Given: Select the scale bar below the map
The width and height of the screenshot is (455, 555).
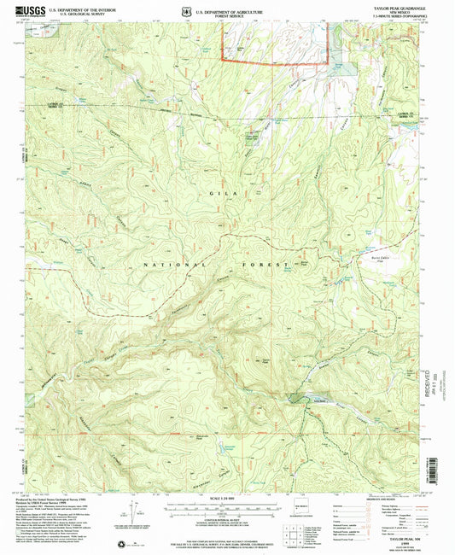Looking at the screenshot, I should tap(226, 505).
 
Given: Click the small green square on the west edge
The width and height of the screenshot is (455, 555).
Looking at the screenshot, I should tap(29, 398).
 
